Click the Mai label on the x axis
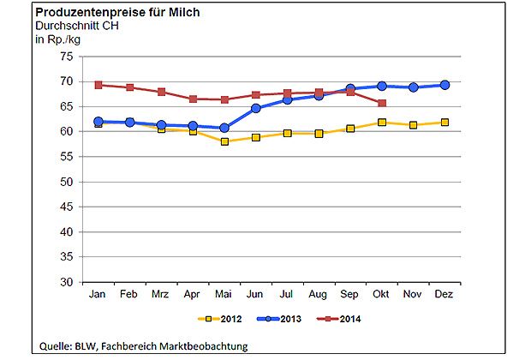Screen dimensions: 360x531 [224, 295]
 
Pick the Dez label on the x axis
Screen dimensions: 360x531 [444, 295]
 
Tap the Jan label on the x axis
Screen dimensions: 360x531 [98, 295]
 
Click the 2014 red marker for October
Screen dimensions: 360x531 [381, 103]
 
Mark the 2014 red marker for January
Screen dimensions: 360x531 [98, 85]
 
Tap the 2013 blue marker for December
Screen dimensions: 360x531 [444, 85]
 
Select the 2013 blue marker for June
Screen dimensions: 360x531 [256, 109]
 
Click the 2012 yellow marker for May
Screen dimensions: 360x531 [224, 141]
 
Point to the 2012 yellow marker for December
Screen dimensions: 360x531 [444, 123]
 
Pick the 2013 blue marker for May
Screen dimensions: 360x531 [224, 128]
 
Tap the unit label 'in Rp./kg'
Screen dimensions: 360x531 [57, 38]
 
